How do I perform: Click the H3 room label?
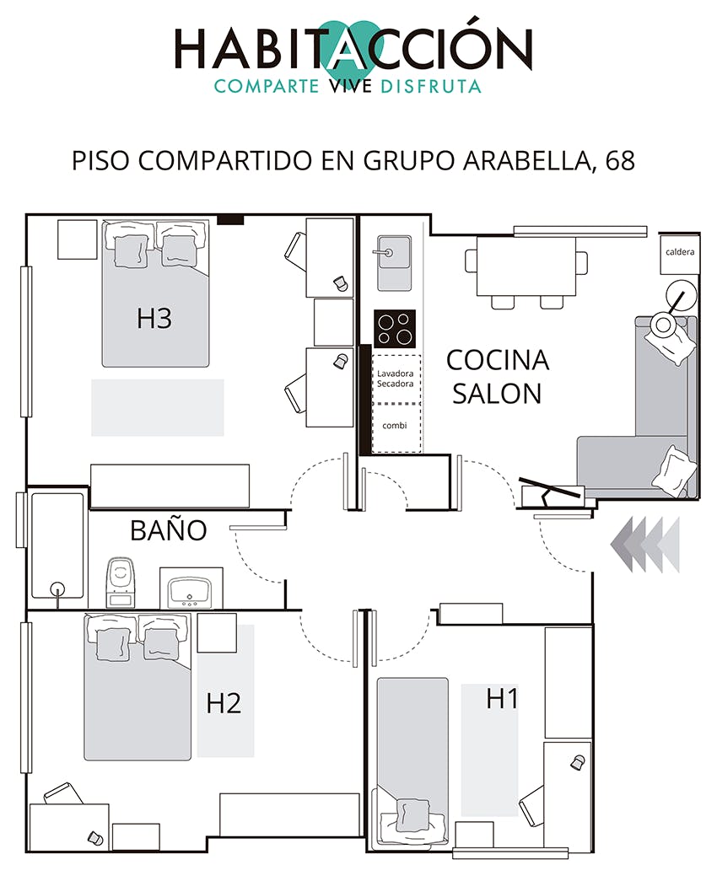click(x=154, y=319)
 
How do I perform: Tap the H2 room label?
click(x=224, y=703)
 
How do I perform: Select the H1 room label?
click(x=502, y=699)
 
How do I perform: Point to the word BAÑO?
click(x=168, y=530)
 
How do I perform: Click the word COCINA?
click(x=498, y=360)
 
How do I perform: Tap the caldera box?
click(x=680, y=254)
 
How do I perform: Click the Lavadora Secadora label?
click(x=395, y=379)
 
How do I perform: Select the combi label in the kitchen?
click(x=395, y=426)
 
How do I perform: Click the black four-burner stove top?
click(x=395, y=329)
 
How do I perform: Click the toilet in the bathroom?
click(x=120, y=582)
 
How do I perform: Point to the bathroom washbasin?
click(x=191, y=588)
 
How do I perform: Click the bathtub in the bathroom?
click(x=57, y=545)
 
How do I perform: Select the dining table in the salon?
click(x=526, y=266)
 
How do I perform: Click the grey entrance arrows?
click(x=645, y=545)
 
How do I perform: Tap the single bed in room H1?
click(x=412, y=760)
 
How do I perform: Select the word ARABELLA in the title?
click(x=527, y=161)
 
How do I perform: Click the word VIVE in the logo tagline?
click(x=349, y=86)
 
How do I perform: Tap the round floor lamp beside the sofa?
click(x=682, y=294)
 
